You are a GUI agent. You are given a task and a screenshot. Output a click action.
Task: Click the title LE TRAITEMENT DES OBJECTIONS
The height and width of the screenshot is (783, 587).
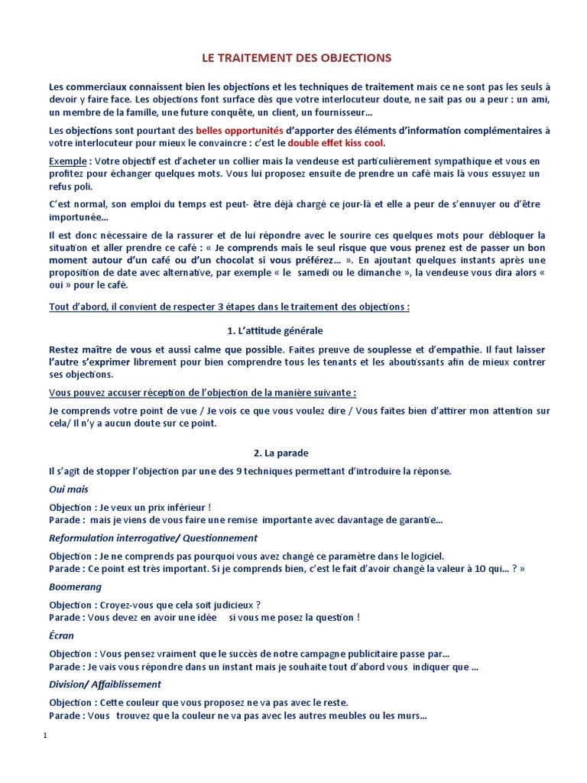point(296,57)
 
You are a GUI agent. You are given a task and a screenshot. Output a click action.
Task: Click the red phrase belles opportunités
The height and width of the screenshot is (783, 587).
point(239,130)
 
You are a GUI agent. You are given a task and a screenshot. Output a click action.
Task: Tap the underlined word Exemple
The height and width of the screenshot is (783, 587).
point(67,161)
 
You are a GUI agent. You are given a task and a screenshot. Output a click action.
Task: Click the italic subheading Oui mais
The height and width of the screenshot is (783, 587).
point(69,489)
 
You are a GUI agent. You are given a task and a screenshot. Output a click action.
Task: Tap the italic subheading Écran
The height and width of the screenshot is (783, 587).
point(62,635)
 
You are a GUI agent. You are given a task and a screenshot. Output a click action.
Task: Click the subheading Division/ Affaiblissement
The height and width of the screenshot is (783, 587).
point(105,684)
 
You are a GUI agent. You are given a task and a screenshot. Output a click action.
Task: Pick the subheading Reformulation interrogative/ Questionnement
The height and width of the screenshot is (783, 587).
point(153,538)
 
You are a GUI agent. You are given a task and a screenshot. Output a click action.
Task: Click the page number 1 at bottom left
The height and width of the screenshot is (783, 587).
point(46,736)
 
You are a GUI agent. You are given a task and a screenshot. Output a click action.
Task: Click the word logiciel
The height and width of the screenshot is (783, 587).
point(422,556)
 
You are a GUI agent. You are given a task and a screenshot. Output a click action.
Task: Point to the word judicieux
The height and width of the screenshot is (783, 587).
point(224,605)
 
